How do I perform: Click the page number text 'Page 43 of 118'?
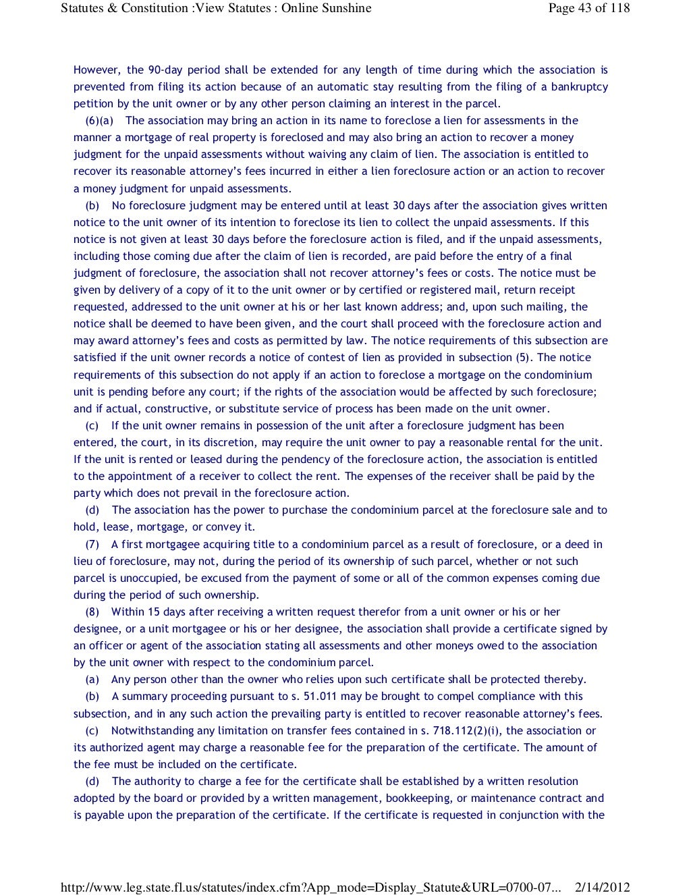589,9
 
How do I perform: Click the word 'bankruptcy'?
580,87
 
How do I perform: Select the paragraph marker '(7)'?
92,545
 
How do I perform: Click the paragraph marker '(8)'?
92,612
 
